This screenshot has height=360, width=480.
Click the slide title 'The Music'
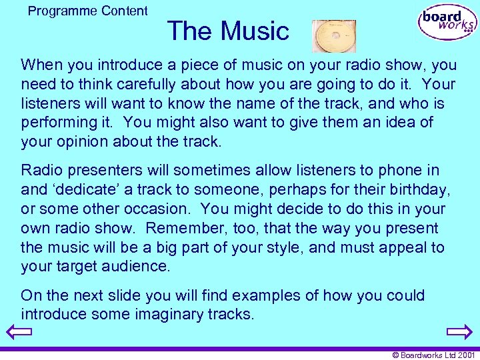pos(228,31)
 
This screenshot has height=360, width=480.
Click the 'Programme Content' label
pos(88,11)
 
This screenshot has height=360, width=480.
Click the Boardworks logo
pos(447,23)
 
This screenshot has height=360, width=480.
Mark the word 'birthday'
pos(419,190)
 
